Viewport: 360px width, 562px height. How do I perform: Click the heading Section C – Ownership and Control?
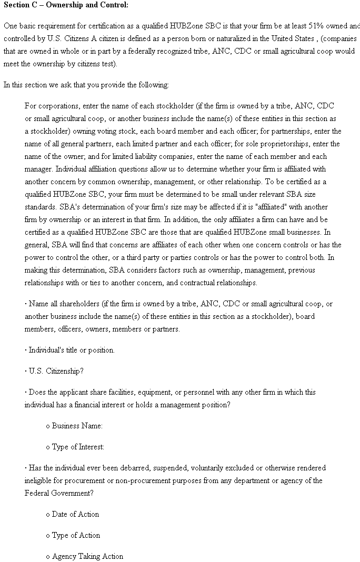66,5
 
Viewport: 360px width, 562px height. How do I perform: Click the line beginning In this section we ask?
86,85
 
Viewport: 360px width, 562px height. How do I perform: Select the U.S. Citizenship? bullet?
56,371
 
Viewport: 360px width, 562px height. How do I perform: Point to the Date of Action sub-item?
75,514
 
